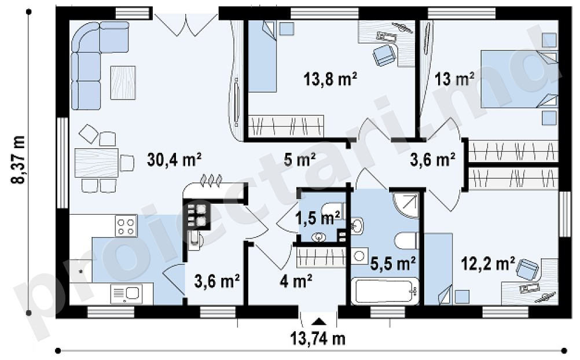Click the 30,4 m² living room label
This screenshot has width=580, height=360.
click(174, 160)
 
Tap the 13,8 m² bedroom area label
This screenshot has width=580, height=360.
click(331, 79)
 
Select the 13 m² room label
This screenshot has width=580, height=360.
click(454, 79)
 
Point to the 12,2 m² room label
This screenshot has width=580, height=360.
click(488, 264)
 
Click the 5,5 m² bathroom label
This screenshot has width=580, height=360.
click(393, 264)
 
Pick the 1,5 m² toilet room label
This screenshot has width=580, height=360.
click(318, 218)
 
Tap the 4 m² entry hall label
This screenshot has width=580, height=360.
click(296, 281)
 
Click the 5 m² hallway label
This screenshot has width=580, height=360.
click(300, 160)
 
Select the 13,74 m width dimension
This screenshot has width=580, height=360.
click(318, 339)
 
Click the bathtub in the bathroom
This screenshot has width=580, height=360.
click(385, 291)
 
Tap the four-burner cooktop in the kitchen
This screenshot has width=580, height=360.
click(126, 226)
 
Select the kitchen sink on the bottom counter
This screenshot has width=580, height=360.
click(126, 294)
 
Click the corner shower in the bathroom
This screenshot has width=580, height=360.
click(405, 205)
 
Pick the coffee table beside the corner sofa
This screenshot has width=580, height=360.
click(123, 83)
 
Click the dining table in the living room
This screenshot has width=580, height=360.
click(97, 163)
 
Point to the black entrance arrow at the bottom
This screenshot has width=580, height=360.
click(318, 321)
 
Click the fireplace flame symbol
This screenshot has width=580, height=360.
click(211, 180)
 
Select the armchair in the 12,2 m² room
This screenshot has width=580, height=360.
click(527, 269)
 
